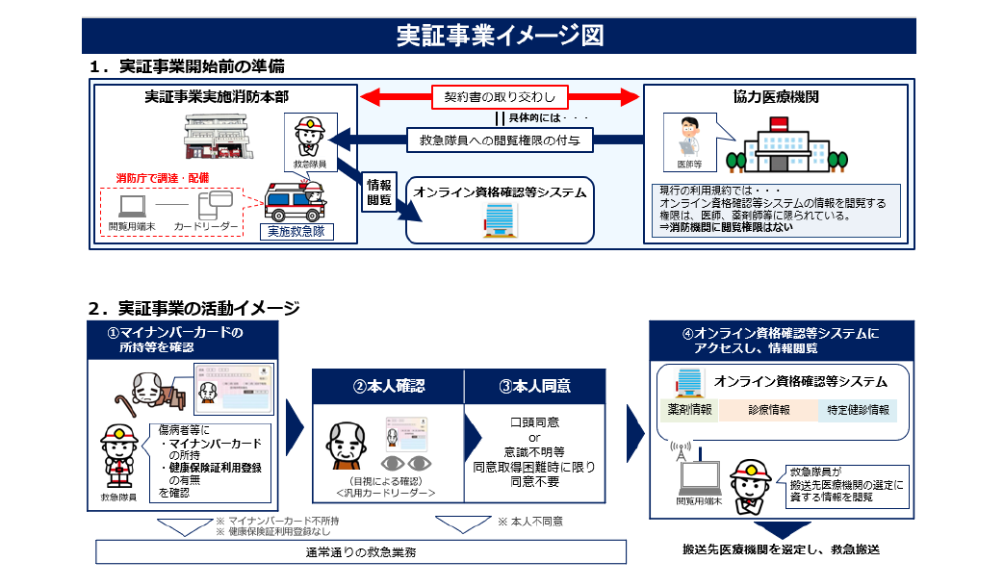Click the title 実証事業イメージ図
coord(501,36)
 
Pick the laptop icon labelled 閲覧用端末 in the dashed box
coord(130,206)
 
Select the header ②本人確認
coord(388,386)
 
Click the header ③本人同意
coord(534,386)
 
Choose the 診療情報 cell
coord(767,410)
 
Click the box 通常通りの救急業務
coord(361,552)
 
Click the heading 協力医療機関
coord(776,97)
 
